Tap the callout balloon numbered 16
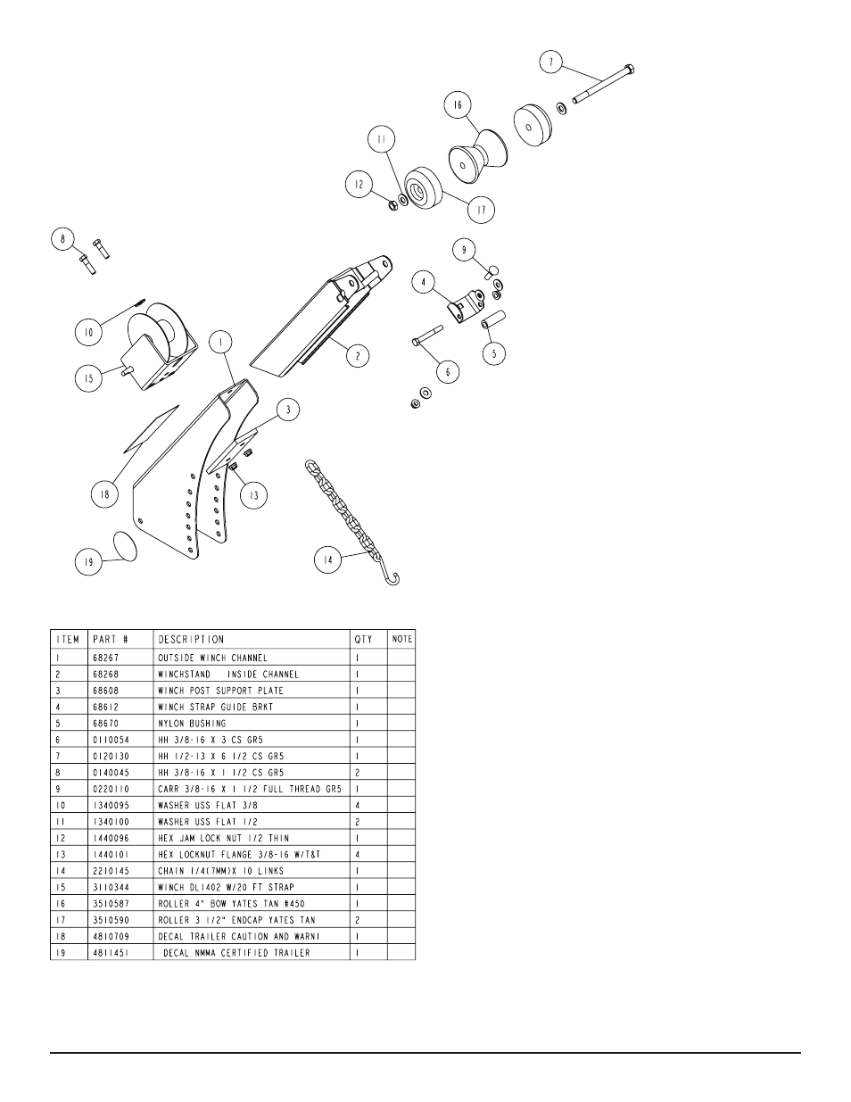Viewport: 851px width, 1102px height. [x=457, y=105]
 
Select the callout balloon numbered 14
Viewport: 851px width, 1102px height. [x=326, y=560]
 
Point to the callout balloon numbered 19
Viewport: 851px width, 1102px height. [x=87, y=563]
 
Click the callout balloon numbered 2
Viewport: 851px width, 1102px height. [x=358, y=355]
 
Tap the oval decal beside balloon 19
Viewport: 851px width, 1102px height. [x=126, y=546]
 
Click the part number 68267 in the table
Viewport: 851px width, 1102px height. [x=106, y=658]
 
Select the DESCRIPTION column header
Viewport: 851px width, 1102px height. [x=191, y=639]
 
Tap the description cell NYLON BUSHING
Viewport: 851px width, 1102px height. [x=192, y=723]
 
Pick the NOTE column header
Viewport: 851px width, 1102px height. [x=401, y=639]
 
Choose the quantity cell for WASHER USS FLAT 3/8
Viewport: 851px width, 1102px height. [x=358, y=805]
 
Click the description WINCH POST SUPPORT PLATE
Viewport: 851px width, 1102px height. [x=220, y=691]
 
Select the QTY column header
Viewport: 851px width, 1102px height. [x=362, y=639]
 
